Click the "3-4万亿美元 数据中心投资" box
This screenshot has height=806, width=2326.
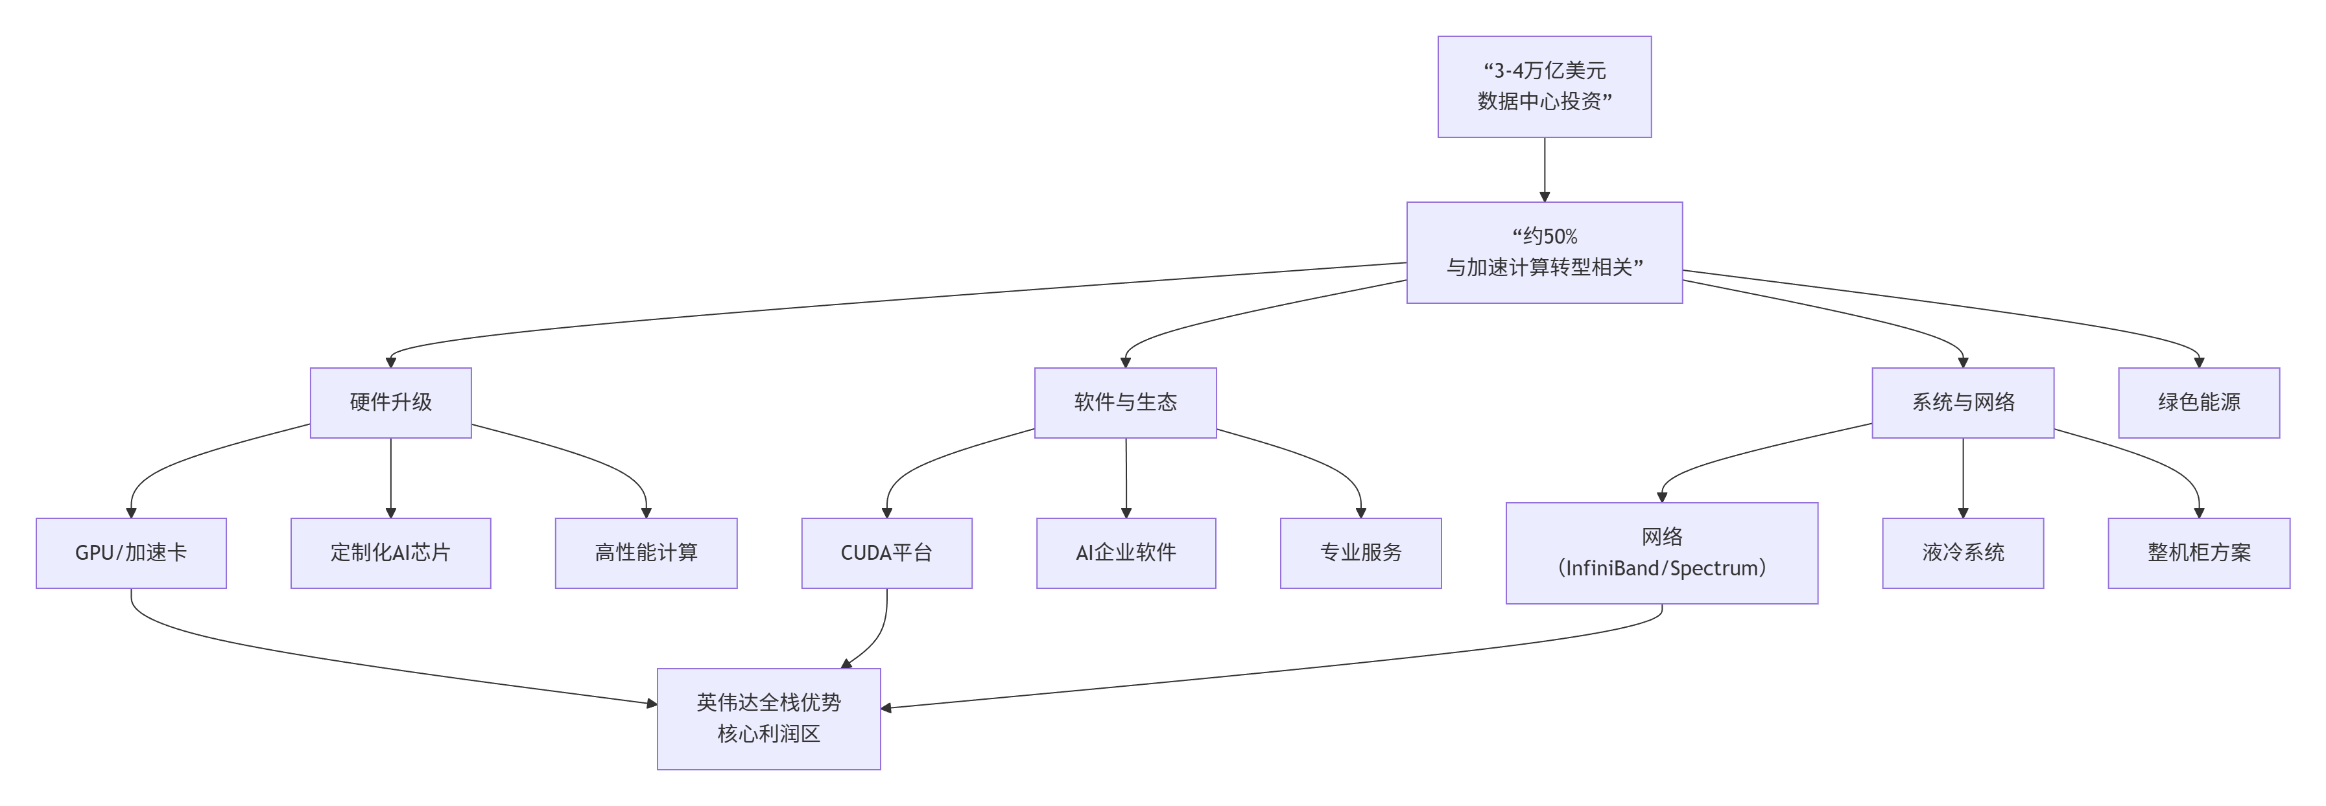coord(1544,87)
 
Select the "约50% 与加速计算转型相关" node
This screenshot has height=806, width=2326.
coord(1544,253)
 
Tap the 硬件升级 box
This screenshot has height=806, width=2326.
coord(390,402)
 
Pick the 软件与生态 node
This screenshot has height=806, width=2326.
coord(1125,402)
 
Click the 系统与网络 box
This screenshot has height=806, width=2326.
coord(1962,402)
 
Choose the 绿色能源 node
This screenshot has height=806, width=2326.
coord(2199,402)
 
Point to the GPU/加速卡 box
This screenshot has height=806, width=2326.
coord(131,553)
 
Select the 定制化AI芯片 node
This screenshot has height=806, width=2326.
coord(390,553)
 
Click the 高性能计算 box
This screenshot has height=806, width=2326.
coord(646,553)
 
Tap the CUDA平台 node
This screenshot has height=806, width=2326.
coord(886,553)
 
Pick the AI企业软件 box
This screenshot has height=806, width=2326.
coord(1126,553)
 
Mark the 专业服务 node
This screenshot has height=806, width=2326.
coord(1360,553)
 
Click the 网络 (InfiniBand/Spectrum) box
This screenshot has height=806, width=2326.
coord(1661,553)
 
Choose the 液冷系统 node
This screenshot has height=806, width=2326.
coord(1962,553)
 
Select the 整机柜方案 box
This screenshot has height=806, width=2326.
coord(2199,553)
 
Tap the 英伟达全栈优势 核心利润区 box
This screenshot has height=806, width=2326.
coord(768,719)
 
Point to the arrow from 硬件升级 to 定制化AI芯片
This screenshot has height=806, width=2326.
coord(391,478)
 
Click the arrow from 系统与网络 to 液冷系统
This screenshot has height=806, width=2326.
coord(1963,478)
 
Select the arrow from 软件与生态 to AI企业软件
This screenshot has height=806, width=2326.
coord(1126,478)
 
